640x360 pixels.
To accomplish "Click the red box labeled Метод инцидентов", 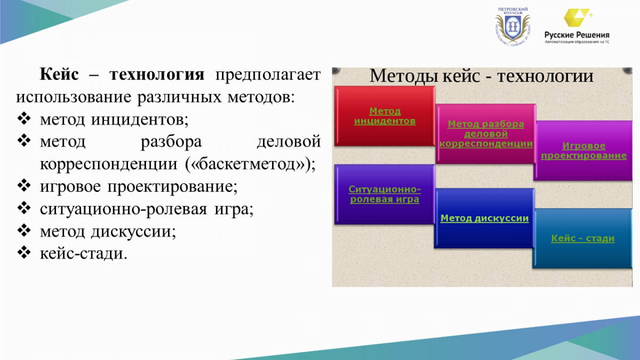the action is point(385,116).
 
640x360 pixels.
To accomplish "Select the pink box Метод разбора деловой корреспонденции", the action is point(486,134).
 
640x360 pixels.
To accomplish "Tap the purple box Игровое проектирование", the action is point(583,150).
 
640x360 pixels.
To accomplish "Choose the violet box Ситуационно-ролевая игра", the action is point(385,194).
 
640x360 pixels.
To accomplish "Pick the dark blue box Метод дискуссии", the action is point(484,218).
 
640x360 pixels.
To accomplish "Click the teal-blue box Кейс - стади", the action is point(582,238).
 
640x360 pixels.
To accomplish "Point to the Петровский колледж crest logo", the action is point(513,27).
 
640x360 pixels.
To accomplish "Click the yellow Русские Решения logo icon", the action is point(577,18).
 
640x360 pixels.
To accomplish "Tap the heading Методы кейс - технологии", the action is point(482,76).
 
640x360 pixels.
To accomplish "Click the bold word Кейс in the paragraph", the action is point(59,74).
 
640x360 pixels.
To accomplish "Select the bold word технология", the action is point(157,75).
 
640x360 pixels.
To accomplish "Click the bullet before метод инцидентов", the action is point(24,118).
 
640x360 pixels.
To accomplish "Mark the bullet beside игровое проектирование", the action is point(24,186).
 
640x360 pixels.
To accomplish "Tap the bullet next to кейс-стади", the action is point(24,253).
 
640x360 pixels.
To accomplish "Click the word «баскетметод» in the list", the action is point(247,164).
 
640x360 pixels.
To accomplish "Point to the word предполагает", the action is point(268,75).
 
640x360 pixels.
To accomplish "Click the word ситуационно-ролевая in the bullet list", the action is point(123,209).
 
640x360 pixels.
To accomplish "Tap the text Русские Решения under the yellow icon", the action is point(577,35).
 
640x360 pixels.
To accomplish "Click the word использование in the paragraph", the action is point(74,97).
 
